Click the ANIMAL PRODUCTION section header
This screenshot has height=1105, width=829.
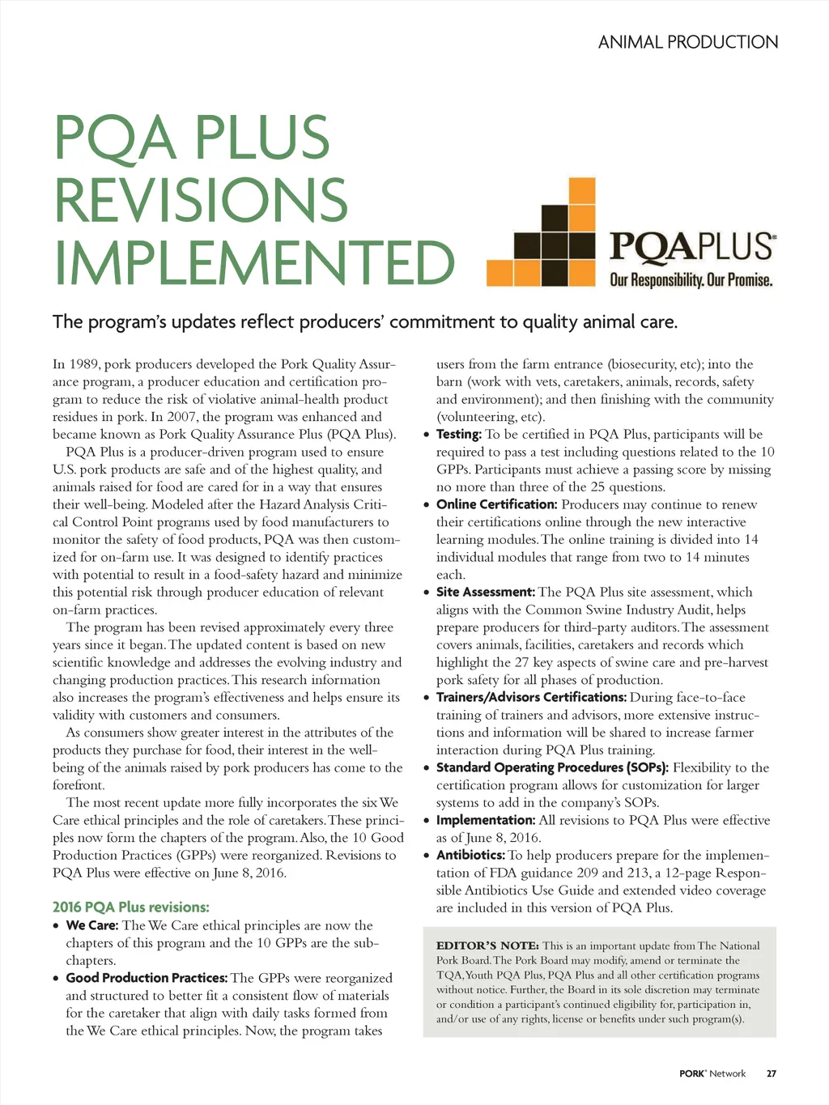[x=688, y=42]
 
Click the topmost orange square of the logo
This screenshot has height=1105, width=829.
[x=581, y=190]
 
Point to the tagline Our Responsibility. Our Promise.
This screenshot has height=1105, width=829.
[x=691, y=280]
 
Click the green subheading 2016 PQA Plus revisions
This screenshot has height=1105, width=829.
[x=131, y=907]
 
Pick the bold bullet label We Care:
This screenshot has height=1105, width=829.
[x=92, y=925]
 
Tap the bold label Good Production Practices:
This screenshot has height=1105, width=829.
[x=147, y=978]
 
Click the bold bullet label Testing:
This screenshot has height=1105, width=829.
[x=458, y=435]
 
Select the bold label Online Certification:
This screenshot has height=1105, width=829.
[x=496, y=504]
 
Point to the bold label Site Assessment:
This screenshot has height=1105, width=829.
[x=486, y=593]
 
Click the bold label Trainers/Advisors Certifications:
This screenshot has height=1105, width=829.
[x=531, y=698]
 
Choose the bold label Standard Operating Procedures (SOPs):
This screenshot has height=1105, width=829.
[x=552, y=767]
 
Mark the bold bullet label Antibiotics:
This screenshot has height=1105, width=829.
[x=470, y=856]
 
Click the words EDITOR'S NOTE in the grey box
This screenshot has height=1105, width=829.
[x=487, y=946]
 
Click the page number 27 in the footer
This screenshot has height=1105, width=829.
[x=772, y=1073]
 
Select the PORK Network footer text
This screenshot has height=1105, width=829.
[x=712, y=1073]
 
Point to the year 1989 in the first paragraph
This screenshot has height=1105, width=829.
[x=84, y=364]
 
